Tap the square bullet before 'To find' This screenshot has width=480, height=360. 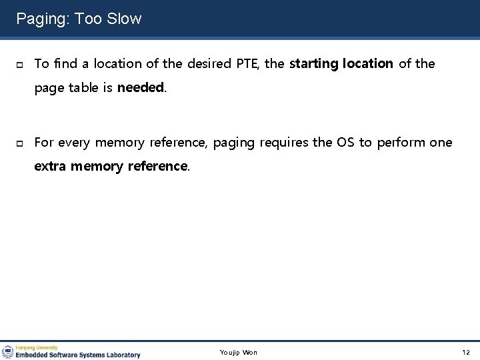pos(20,65)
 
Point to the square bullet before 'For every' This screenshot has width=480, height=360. pos(20,143)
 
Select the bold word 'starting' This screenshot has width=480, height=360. pos(314,64)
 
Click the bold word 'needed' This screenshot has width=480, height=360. pos(141,87)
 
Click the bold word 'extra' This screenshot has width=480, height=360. pos(51,166)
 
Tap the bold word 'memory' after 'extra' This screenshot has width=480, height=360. pos(95,166)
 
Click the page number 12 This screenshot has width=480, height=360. pos(465,352)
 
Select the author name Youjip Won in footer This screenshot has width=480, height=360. pos(239,352)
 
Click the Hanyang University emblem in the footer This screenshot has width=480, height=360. pos(8,351)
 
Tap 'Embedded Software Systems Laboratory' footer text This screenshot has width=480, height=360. pos(78,355)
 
